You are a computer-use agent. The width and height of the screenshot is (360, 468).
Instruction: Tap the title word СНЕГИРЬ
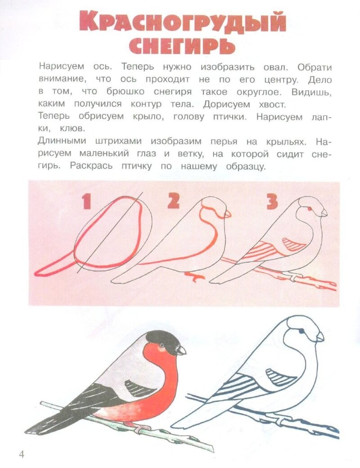(182, 46)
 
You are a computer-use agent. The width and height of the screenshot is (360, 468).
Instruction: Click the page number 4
(21, 455)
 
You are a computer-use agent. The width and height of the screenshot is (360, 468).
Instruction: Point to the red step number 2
(173, 201)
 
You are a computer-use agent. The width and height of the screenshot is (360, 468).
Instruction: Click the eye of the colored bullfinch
(162, 345)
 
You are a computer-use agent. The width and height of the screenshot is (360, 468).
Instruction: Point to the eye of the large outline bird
(301, 331)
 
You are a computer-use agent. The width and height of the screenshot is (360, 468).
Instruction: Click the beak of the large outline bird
(320, 337)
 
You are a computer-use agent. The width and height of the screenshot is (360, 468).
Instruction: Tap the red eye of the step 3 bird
(309, 209)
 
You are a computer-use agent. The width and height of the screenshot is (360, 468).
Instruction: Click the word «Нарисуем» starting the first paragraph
(62, 66)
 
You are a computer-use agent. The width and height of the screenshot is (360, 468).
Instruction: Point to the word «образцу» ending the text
(246, 166)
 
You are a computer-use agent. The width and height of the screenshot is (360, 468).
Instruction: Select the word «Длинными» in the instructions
(62, 141)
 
